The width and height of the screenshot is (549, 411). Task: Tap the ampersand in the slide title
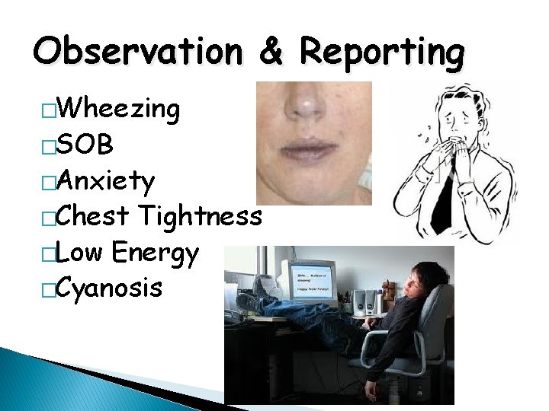[x=271, y=52]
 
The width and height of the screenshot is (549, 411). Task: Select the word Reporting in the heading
[x=381, y=53]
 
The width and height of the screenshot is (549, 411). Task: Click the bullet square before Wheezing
[x=50, y=113]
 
